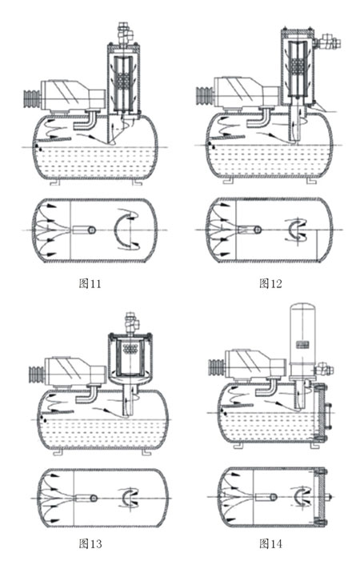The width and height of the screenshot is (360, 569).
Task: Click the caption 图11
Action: pos(90,283)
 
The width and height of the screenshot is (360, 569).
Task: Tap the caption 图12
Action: pos(270,283)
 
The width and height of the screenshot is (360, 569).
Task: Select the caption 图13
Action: pos(90,543)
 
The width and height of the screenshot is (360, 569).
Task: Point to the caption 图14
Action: pos(270,543)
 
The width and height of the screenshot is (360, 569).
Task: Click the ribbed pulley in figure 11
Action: pos(33,98)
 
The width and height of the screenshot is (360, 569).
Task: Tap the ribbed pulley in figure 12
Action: pos(205,95)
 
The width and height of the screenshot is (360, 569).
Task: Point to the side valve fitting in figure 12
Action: pos(329,42)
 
